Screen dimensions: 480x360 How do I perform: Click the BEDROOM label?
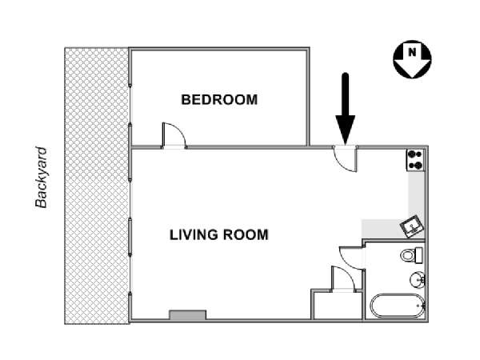click(219, 100)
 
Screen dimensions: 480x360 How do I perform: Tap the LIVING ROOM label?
click(219, 234)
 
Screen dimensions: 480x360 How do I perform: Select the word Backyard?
click(41, 178)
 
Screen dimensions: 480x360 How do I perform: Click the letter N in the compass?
click(412, 52)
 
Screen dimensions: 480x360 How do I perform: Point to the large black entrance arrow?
click(346, 109)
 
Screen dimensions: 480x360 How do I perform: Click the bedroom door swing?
click(174, 135)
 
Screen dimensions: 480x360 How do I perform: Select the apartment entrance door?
click(346, 159)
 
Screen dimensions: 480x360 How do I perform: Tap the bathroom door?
click(352, 258)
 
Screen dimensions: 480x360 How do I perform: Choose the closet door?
click(343, 279)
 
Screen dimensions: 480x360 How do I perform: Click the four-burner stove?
click(415, 160)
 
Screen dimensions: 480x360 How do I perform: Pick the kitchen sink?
click(412, 226)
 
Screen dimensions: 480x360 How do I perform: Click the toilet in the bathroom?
click(411, 255)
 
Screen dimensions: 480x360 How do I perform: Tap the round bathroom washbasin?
click(417, 279)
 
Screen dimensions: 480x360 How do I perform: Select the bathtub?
click(398, 306)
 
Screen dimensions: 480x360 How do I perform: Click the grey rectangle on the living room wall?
click(188, 315)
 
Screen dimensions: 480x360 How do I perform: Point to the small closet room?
click(338, 306)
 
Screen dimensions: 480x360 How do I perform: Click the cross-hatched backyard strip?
click(97, 186)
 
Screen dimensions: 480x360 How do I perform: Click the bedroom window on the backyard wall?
click(130, 104)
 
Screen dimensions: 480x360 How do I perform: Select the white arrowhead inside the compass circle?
click(412, 62)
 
